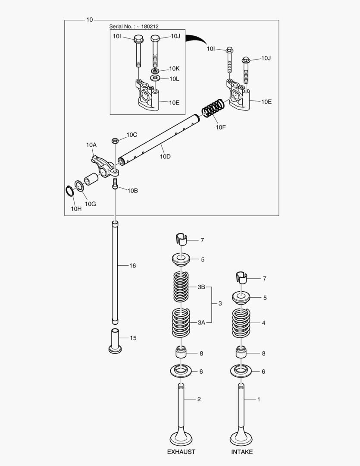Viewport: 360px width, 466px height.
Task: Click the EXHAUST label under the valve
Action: click(181, 452)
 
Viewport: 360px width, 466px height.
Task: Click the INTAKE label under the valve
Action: click(242, 452)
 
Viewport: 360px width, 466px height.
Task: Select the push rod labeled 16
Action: click(115, 272)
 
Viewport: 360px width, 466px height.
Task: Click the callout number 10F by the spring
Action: click(220, 127)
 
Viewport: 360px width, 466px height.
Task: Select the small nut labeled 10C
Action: click(115, 141)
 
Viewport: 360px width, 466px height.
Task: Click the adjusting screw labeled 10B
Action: click(115, 184)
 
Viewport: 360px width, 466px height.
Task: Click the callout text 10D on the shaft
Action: click(165, 157)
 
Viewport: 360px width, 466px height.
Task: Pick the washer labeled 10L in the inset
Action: click(155, 78)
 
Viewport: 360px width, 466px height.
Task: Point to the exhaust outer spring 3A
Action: click(181, 323)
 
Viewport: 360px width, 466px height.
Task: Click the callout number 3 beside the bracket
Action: click(220, 304)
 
